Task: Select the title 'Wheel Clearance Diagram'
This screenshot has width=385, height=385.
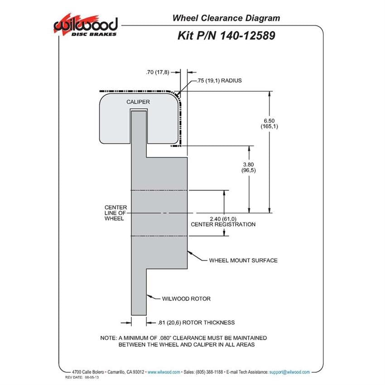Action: (226, 18)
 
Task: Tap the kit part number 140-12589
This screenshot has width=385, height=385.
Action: (247, 36)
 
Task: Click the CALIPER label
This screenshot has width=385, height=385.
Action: (138, 102)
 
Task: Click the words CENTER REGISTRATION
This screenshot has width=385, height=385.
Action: (223, 224)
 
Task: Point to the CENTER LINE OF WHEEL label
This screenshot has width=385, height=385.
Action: (115, 213)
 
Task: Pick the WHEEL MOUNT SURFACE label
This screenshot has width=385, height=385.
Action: (243, 260)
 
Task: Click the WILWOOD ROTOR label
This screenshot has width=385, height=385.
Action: (186, 299)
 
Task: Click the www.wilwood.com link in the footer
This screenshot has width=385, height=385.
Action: (164, 372)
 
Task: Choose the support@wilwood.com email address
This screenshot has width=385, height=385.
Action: (289, 372)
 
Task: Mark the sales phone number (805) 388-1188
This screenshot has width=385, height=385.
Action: (209, 372)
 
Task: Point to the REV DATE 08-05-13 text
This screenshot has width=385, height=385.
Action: (82, 377)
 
